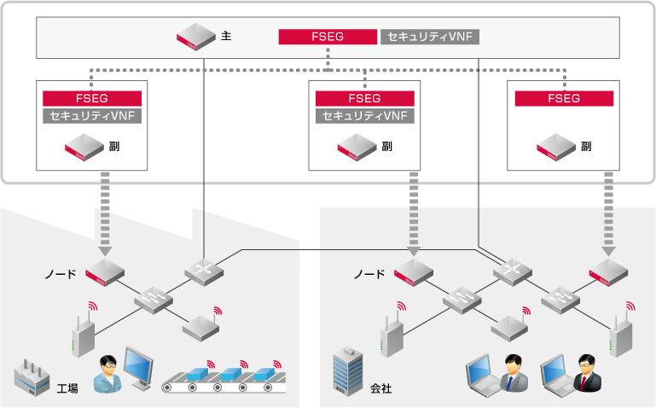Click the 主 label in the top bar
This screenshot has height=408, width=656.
tap(226, 38)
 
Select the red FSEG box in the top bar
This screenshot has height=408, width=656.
tap(328, 37)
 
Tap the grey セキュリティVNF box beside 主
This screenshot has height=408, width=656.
tap(429, 37)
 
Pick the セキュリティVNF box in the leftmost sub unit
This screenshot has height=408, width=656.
tap(92, 115)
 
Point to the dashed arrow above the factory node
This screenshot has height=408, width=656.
tap(105, 213)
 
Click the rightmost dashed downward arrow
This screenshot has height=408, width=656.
tap(609, 213)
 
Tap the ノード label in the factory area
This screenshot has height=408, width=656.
tap(60, 275)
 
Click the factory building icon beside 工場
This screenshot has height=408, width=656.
tap(32, 376)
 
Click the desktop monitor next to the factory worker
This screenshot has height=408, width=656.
tap(140, 368)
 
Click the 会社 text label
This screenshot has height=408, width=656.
tap(380, 389)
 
